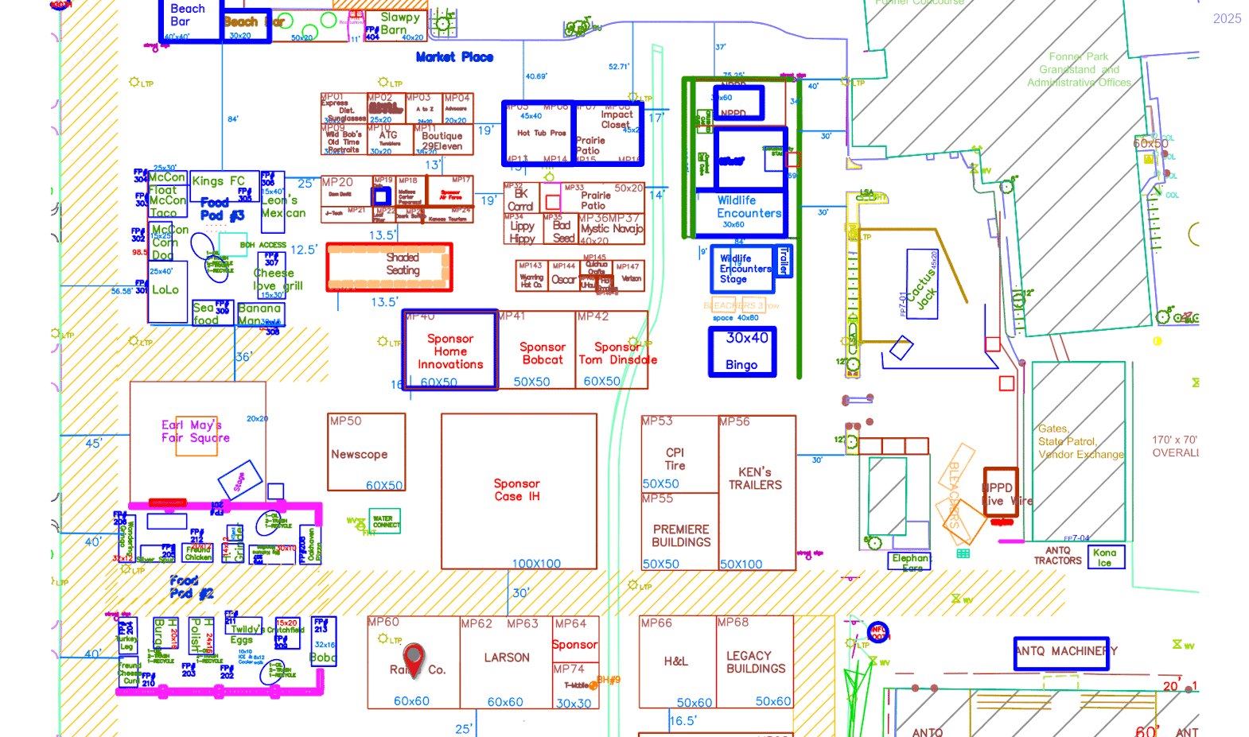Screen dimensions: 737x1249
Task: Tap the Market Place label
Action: coord(454,57)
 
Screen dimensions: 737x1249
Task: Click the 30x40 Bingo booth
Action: coord(741,351)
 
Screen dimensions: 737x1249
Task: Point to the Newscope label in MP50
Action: coord(359,455)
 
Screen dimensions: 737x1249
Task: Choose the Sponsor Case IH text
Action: coord(516,490)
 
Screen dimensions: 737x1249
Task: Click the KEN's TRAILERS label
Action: coord(755,479)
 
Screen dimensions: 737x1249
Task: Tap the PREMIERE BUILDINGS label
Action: coord(681,536)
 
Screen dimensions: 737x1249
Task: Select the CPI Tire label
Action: coord(675,459)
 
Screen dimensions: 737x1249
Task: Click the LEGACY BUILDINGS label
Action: coord(755,662)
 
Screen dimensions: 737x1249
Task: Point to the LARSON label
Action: coord(507,657)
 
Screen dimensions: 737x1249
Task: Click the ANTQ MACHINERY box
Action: coord(1061,652)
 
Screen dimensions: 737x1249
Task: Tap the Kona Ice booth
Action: coord(1106,557)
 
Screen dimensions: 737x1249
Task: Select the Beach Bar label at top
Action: coord(188,15)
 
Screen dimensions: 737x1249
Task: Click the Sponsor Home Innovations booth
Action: coord(450,351)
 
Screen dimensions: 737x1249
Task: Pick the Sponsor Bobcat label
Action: coord(543,354)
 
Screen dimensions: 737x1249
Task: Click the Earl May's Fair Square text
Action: coord(196,432)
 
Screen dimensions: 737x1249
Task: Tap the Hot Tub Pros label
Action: coord(541,134)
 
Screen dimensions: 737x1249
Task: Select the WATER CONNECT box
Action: coord(386,522)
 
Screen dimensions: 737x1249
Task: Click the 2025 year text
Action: coord(1227,18)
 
